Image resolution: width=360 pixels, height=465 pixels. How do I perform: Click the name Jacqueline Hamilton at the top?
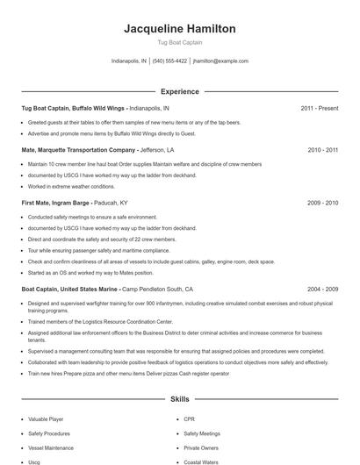[x=180, y=29]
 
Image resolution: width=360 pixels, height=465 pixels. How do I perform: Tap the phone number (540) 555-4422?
[x=169, y=61]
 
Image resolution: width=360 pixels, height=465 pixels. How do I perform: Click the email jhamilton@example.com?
[x=220, y=61]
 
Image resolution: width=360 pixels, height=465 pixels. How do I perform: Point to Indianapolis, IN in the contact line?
[x=129, y=61]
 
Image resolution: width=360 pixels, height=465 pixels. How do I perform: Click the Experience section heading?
[x=180, y=91]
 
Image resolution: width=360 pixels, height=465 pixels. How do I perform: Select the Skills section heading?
[x=180, y=398]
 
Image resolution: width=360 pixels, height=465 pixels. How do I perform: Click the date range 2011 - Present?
[x=319, y=108]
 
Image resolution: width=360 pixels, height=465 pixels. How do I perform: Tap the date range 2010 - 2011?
[x=322, y=150]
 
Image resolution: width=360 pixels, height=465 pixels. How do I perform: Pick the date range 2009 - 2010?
[x=322, y=203]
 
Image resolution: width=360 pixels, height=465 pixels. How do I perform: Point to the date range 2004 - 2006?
[x=322, y=289]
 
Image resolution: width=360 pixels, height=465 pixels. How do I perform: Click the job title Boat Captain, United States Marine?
[x=69, y=289]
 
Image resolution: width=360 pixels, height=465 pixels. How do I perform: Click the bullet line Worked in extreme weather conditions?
[x=71, y=186]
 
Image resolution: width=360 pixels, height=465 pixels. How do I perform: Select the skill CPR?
[x=190, y=419]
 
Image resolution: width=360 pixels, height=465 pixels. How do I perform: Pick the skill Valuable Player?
[x=45, y=419]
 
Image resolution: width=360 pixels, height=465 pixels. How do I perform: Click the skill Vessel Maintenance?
[x=50, y=447]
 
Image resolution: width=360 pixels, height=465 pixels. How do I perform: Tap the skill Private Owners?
[x=201, y=447]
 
